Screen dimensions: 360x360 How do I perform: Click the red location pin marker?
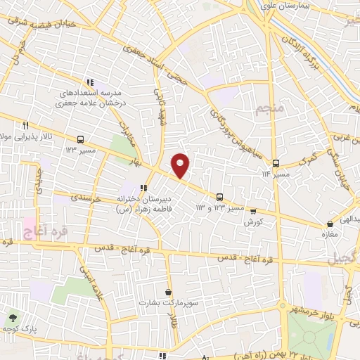[181, 165]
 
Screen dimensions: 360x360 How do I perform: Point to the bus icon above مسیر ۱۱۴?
[276, 162]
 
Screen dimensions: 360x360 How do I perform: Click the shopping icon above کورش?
[253, 211]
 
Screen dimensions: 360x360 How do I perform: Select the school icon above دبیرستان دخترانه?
[144, 188]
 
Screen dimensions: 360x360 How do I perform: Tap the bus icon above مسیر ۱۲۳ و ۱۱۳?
[219, 197]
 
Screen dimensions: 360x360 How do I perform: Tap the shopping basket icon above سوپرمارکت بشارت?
[169, 291]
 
